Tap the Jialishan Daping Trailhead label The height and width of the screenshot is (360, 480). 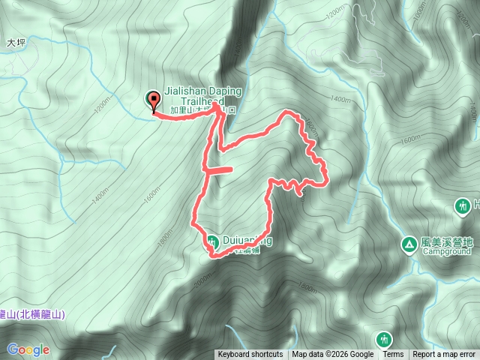pyautogui.click(x=202, y=96)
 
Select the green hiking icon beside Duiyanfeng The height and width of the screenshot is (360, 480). pyautogui.click(x=211, y=241)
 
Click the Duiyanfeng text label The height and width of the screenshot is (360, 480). pyautogui.click(x=247, y=241)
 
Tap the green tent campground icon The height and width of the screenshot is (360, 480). pyautogui.click(x=409, y=244)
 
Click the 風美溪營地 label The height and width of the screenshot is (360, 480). pyautogui.click(x=448, y=242)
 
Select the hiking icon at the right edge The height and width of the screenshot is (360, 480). pyautogui.click(x=463, y=205)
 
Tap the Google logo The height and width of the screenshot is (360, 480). pyautogui.click(x=28, y=349)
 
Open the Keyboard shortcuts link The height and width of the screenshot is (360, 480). pyautogui.click(x=250, y=355)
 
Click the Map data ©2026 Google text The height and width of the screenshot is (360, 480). pyautogui.click(x=333, y=355)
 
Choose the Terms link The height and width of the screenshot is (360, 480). pyautogui.click(x=393, y=355)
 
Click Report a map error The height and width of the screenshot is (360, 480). pyautogui.click(x=445, y=355)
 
